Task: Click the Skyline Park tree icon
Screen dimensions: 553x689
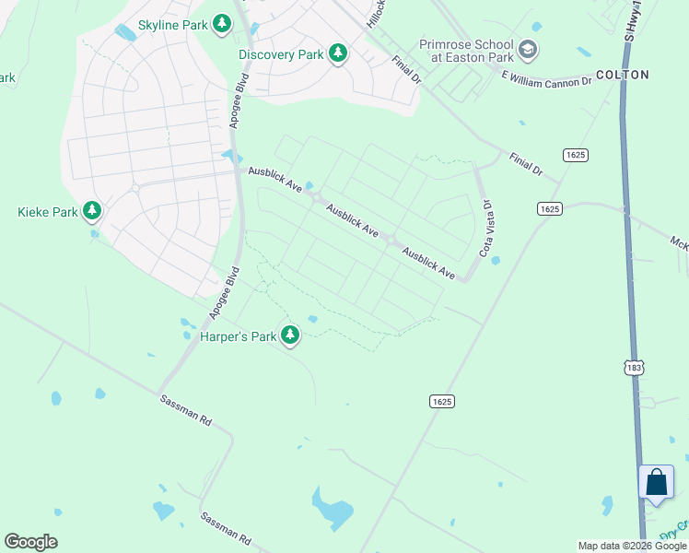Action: tap(221, 23)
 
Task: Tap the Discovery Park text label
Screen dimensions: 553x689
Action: tap(281, 54)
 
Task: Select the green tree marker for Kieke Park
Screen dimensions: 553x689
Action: tap(91, 212)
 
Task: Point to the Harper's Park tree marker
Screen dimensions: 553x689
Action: tap(290, 335)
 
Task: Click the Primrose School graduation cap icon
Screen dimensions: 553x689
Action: tap(528, 49)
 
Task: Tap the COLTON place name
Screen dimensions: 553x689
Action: tap(623, 75)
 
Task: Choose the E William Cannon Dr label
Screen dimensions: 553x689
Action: tap(545, 82)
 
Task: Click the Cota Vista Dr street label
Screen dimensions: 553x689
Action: tap(485, 229)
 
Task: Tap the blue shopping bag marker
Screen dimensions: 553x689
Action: tap(655, 482)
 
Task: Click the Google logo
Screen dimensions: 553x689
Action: tap(30, 542)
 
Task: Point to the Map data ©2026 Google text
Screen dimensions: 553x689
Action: tap(633, 546)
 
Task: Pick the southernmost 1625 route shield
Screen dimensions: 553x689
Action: tap(441, 402)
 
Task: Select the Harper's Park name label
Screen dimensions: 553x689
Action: tap(239, 336)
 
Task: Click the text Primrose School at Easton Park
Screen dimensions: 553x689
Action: tap(467, 50)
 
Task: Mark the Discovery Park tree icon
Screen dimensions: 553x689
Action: tap(338, 54)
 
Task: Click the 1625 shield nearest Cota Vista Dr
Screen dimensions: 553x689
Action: tap(549, 209)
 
